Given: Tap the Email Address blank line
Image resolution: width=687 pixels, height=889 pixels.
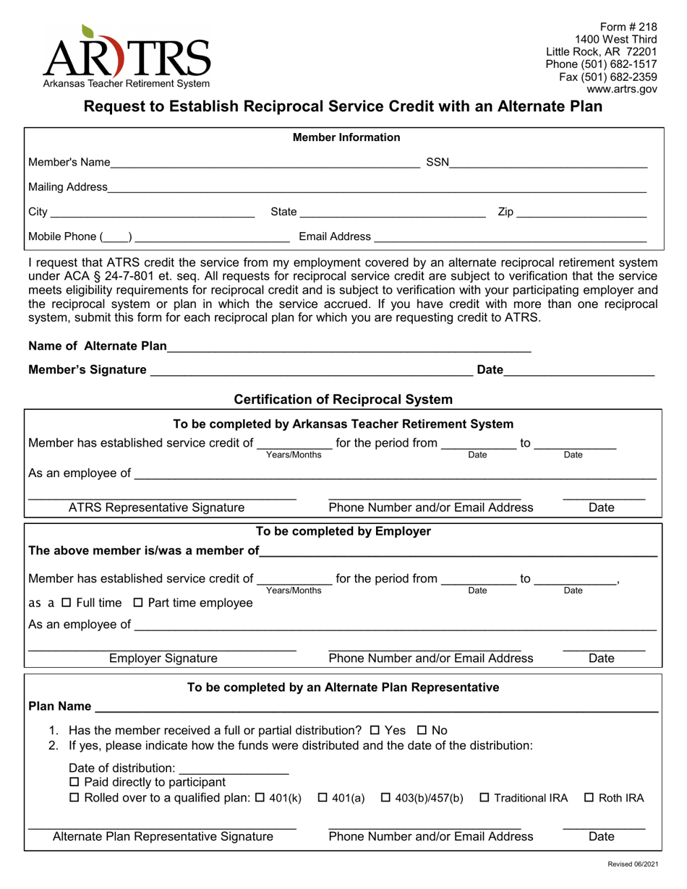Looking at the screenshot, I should pos(510,239).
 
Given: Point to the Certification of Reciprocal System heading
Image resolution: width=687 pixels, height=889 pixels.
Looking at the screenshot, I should pos(343,399).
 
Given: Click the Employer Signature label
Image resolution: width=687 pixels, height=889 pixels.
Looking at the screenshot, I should pos(163,658).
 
